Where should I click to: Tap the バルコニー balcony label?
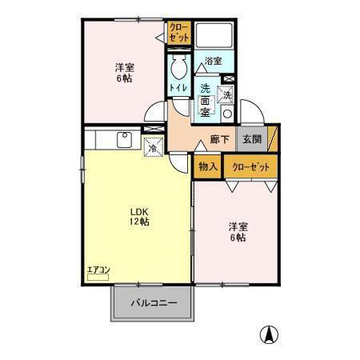153,304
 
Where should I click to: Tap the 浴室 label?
213,61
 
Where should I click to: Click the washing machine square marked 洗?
226,94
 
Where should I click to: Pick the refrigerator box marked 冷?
152,146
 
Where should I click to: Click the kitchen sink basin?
126,140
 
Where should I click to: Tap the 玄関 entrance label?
252,139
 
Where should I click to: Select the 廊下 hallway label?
219,139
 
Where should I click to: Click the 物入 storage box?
207,166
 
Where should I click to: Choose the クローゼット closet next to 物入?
250,166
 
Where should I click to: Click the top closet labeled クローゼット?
178,33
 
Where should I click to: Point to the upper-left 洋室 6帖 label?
123,74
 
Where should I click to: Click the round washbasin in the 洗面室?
226,113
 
